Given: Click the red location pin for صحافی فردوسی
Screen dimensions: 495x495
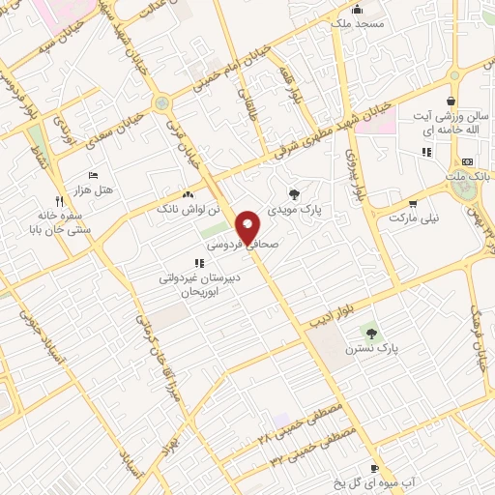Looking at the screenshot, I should point(248,226).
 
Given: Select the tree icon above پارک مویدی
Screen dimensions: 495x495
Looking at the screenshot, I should point(295,193).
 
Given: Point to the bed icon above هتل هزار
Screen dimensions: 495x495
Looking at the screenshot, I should point(93,175).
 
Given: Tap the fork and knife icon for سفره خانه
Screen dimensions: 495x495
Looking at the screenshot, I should point(59,201).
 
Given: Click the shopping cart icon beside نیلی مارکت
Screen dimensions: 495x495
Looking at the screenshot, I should point(413,204).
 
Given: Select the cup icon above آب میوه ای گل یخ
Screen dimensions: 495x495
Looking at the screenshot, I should point(375,467).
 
